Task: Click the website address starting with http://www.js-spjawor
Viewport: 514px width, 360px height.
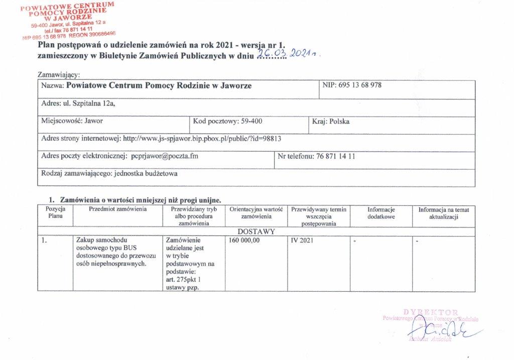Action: tap(205, 139)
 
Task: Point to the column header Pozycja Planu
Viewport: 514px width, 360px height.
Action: tap(55, 212)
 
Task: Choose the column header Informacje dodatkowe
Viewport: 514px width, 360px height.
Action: tap(381, 213)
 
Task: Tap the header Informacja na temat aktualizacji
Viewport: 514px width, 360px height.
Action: tap(444, 213)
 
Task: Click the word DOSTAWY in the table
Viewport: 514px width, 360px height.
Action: tap(256, 231)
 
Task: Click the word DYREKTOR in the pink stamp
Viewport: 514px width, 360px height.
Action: tap(431, 312)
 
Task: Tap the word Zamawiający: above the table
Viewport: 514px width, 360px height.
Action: tap(59, 75)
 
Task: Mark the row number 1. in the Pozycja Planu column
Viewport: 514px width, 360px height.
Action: tap(45, 241)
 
